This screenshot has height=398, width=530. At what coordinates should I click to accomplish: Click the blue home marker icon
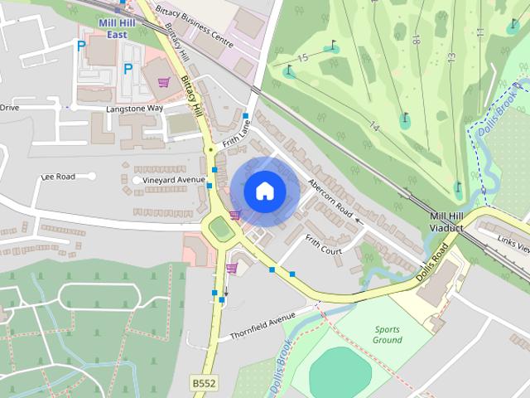click(264, 191)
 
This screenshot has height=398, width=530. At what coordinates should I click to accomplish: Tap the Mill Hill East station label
click(116, 30)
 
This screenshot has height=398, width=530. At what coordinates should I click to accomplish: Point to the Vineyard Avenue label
click(173, 180)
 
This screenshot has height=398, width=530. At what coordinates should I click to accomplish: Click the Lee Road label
click(58, 177)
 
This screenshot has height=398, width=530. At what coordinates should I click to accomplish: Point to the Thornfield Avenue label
click(263, 323)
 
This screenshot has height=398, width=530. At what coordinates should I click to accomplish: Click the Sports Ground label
click(387, 334)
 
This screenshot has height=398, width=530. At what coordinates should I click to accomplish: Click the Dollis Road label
click(435, 261)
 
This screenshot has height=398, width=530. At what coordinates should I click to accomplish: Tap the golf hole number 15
click(303, 57)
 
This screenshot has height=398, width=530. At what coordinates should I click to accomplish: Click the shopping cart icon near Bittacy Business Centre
click(164, 82)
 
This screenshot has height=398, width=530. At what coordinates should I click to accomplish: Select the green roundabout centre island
click(220, 227)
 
